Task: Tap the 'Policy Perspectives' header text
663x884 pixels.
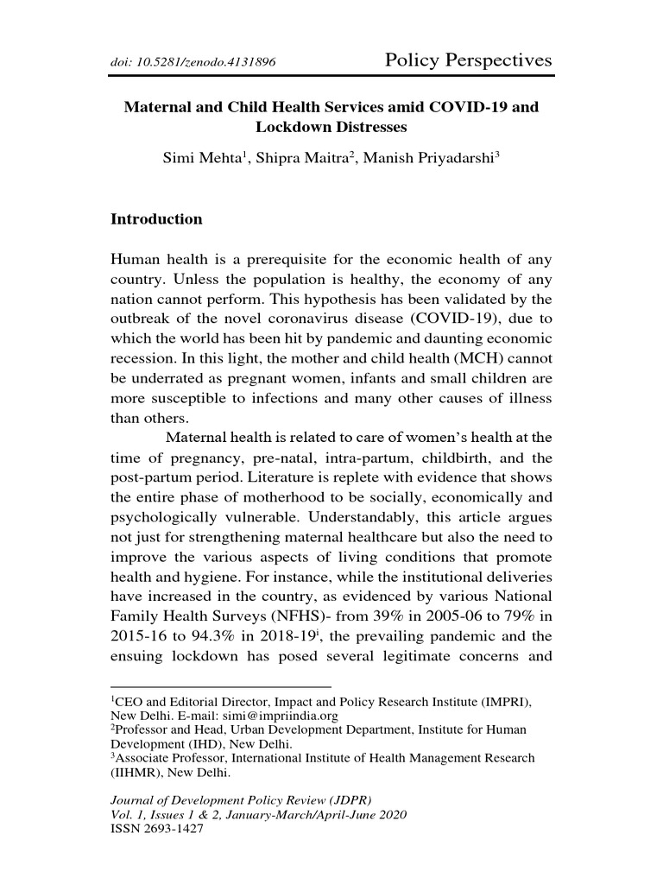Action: [467, 60]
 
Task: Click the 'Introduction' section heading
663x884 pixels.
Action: [156, 219]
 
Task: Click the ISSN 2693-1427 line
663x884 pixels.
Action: [155, 827]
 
